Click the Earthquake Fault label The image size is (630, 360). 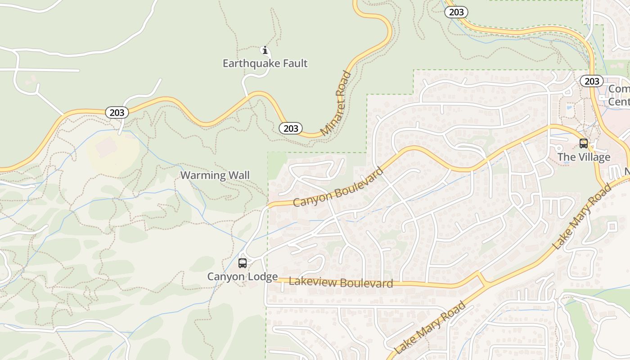[265, 63]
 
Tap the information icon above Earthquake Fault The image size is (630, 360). [265, 50]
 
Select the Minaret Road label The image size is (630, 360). [337, 103]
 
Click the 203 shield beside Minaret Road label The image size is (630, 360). [291, 128]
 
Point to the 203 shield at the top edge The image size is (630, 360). [456, 12]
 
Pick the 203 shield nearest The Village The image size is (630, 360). [591, 81]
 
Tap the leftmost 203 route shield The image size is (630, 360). [117, 112]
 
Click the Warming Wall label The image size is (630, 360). [215, 175]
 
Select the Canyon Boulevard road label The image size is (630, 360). [338, 187]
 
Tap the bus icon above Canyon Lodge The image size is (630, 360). [243, 263]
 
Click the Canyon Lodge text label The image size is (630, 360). [242, 276]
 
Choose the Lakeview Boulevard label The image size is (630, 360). [341, 283]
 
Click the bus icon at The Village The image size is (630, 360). [584, 144]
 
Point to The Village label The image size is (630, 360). [584, 157]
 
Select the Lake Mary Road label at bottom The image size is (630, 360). [429, 328]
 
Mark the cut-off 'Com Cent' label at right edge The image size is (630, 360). [619, 95]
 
